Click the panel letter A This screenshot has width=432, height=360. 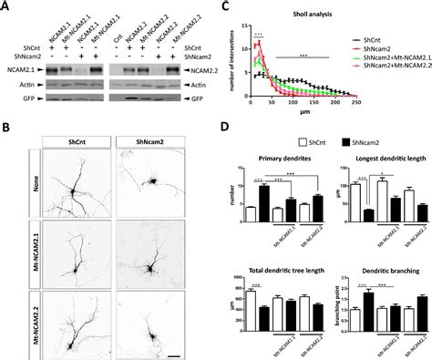coord(6,6)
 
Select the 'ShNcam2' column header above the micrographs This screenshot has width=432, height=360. coord(154,142)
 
